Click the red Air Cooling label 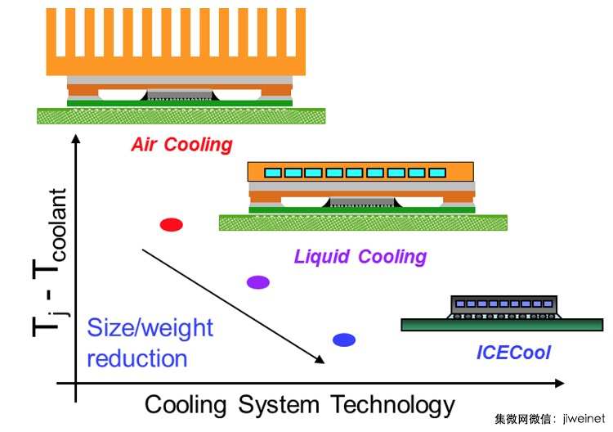181,144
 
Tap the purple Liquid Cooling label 360,257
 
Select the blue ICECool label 513,352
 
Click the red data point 172,225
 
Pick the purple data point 258,282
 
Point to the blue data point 344,340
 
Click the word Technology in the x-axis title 392,405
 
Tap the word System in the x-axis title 279,405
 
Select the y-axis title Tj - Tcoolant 50,262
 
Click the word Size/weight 150,328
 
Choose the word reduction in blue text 136,358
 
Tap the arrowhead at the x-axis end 560,384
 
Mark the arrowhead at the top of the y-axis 76,139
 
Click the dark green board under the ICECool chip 502,325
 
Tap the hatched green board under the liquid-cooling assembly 363,223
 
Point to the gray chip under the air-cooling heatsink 180,95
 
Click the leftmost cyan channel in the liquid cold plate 273,173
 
